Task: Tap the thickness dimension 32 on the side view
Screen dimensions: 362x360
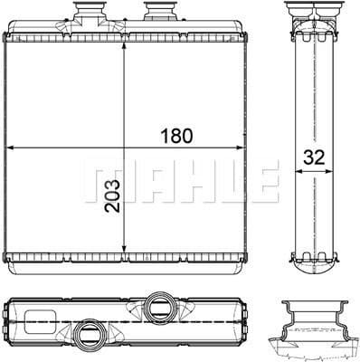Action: coord(314,155)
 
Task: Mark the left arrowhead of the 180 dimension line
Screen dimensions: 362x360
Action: coord(8,147)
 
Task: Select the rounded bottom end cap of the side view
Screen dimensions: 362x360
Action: coord(312,264)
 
